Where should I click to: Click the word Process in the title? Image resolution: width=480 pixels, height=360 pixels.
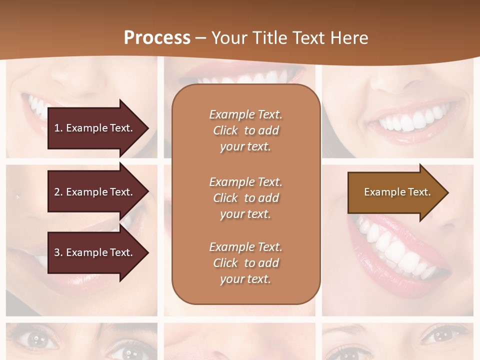[157, 38]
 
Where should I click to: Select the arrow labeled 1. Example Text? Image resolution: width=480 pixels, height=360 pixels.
[95, 128]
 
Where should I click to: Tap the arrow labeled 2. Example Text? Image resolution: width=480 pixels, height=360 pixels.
[95, 192]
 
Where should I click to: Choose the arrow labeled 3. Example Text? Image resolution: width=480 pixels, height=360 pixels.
[95, 252]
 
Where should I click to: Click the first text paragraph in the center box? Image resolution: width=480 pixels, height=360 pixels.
[245, 130]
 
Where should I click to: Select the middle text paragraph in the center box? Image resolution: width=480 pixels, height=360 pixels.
[245, 198]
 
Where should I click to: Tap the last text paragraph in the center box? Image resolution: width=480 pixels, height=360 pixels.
[245, 263]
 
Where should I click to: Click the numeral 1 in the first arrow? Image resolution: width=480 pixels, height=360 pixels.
[57, 128]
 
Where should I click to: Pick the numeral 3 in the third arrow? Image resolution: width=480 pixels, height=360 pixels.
[57, 252]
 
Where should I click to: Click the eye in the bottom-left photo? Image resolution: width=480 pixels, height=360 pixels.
[36, 340]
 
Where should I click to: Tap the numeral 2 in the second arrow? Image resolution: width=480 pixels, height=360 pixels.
[57, 192]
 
